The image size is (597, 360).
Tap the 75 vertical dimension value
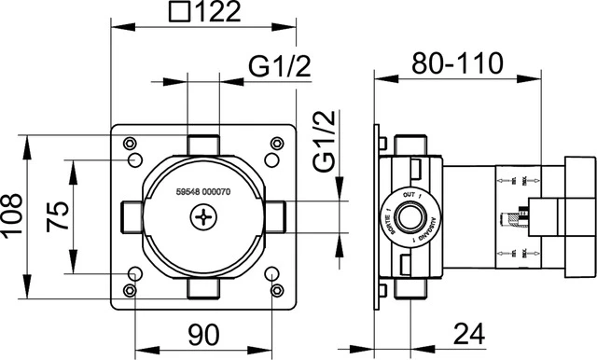tap(58, 217)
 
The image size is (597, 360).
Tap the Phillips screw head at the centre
tap(202, 217)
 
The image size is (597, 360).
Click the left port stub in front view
tap(130, 216)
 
